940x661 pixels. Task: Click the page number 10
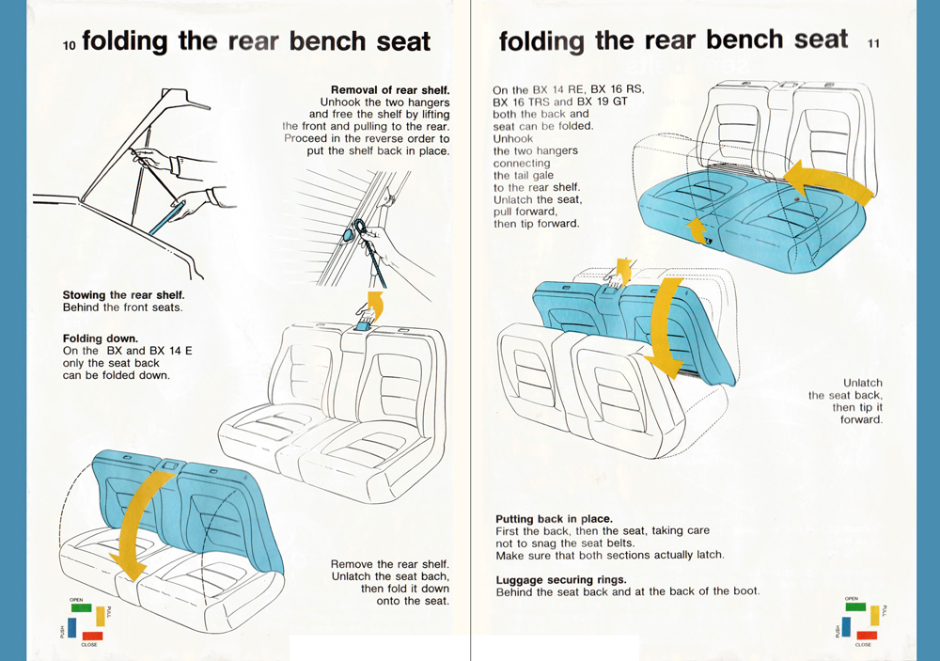(70, 45)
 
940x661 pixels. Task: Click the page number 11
(873, 43)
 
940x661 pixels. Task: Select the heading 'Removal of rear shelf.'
(390, 90)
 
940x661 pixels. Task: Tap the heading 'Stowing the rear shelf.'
(123, 295)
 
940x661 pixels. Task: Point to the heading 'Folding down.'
(101, 338)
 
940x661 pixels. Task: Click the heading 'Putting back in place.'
(554, 519)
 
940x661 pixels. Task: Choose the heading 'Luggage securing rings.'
(561, 580)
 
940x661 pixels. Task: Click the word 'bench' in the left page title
(327, 41)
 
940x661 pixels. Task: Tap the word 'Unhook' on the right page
(513, 138)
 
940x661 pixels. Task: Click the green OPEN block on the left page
(81, 607)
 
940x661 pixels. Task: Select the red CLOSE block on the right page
(867, 636)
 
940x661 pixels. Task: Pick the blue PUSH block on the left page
(72, 627)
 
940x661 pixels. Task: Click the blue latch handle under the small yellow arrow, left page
(363, 324)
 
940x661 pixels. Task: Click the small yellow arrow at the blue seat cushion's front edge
(696, 230)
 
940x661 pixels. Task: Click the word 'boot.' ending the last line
(745, 591)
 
